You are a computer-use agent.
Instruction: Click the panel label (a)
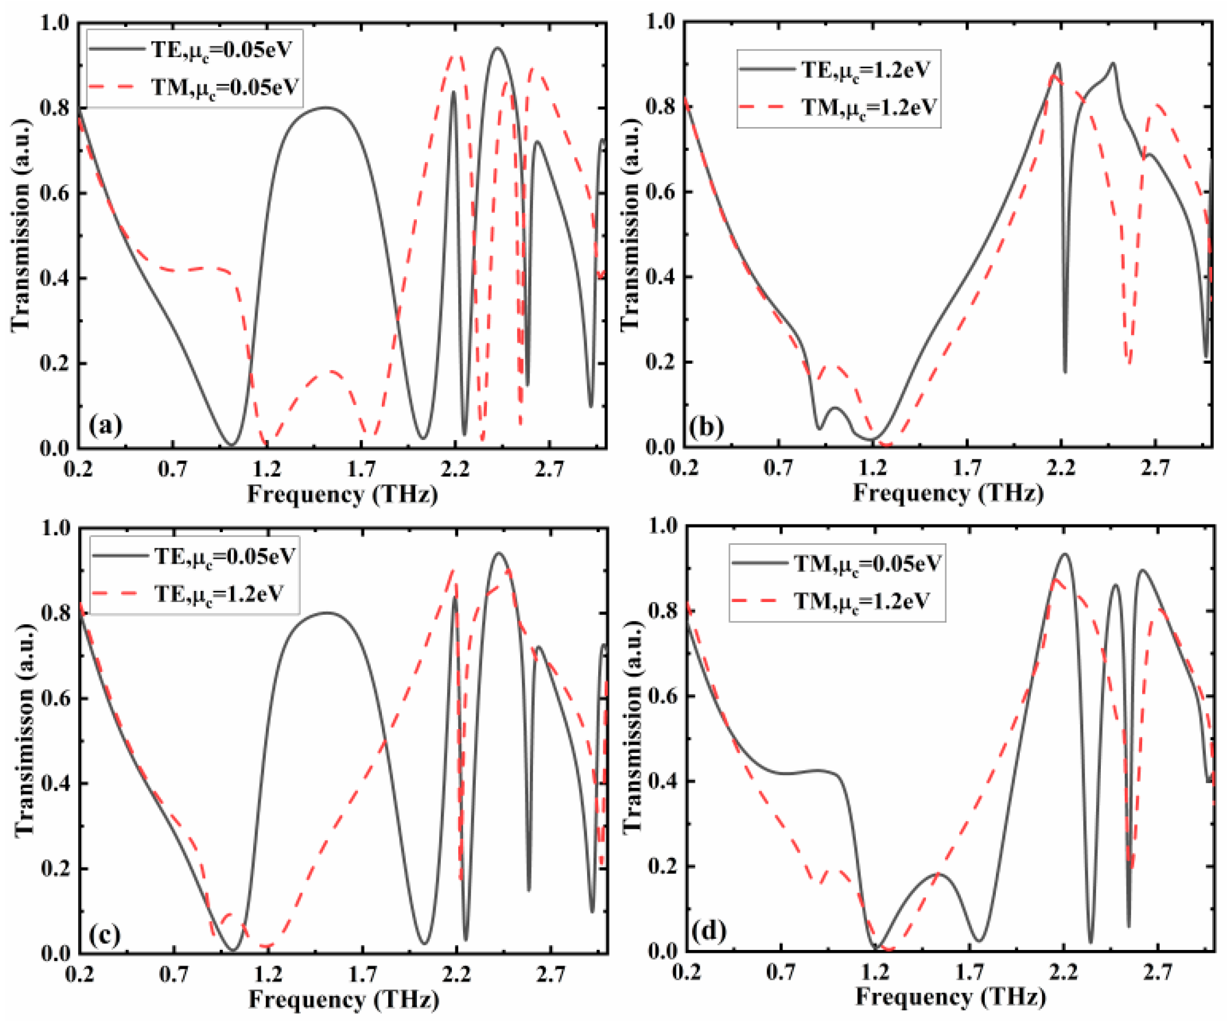(x=106, y=425)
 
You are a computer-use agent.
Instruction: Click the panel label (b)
(x=705, y=427)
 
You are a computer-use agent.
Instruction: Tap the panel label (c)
(x=105, y=934)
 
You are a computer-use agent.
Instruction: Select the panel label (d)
(x=708, y=930)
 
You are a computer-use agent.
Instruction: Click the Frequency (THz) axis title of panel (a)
(x=343, y=494)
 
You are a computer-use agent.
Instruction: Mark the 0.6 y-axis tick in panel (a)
(x=55, y=193)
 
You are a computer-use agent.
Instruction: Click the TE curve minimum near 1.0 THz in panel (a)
(x=231, y=444)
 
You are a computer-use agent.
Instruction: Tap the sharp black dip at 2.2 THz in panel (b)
(x=1065, y=371)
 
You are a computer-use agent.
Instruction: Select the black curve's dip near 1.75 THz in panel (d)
(x=978, y=941)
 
